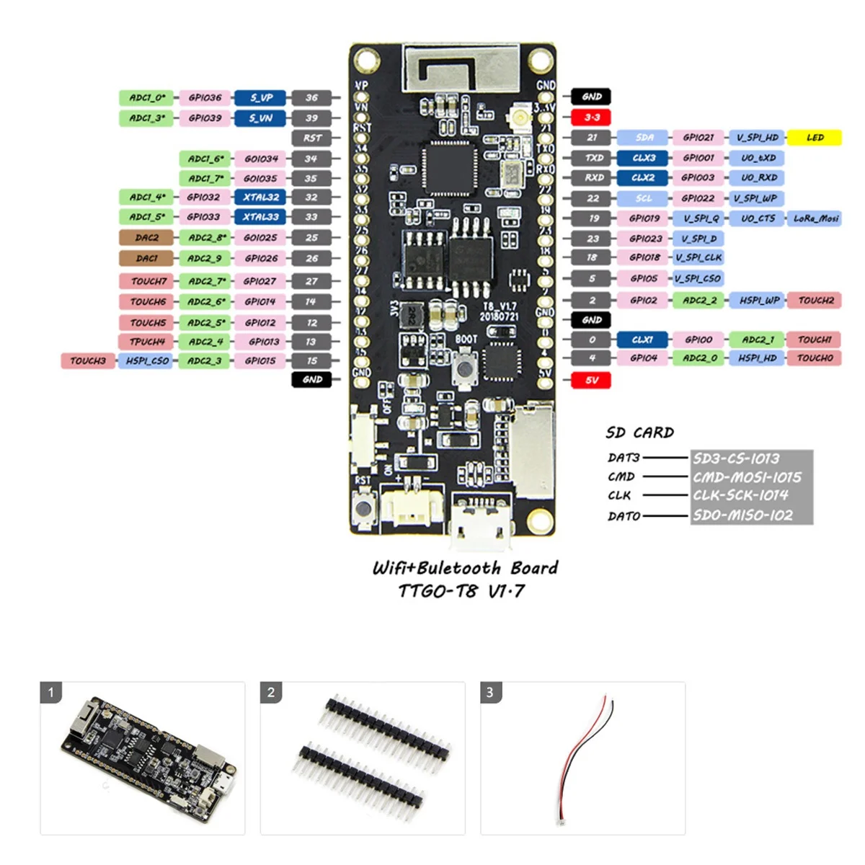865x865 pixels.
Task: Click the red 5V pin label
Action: [x=591, y=380]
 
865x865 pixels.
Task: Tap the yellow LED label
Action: [x=815, y=137]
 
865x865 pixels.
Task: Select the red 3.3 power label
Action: [x=591, y=117]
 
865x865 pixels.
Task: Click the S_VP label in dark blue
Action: [x=260, y=97]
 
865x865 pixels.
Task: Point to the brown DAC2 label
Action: [x=146, y=237]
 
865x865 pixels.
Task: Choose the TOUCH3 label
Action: [x=88, y=360]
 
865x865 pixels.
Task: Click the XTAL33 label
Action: [x=260, y=216]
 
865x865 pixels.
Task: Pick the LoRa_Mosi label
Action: [x=815, y=218]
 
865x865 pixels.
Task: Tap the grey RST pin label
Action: [x=312, y=138]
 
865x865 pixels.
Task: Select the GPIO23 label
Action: [x=644, y=238]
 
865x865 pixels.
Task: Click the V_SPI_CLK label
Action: [x=698, y=257]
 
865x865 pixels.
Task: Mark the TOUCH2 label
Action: [x=815, y=300]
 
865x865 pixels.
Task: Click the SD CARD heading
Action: [x=639, y=432]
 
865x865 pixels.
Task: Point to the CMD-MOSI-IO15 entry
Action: [x=747, y=477]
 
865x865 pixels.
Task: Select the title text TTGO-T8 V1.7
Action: [x=461, y=591]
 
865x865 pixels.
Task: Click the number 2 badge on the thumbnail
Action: [x=271, y=693]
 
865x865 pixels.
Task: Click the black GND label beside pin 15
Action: [x=312, y=379]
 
